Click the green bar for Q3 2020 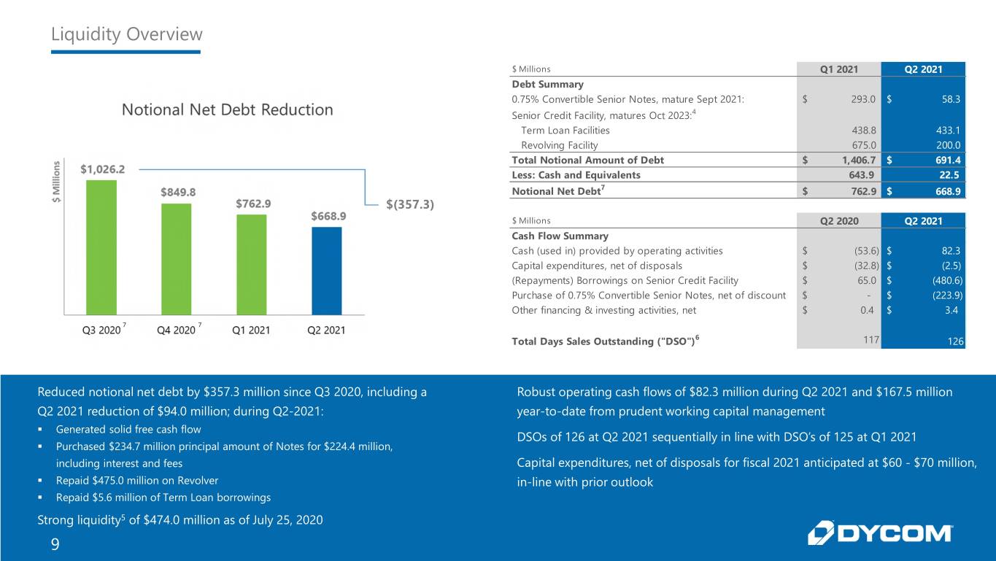click(x=101, y=247)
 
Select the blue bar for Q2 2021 click(x=327, y=271)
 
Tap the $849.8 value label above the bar click(x=178, y=192)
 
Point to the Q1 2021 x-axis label click(x=251, y=330)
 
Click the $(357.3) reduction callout click(x=410, y=204)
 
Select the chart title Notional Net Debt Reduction click(x=227, y=110)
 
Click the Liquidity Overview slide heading click(x=127, y=34)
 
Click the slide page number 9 click(x=55, y=544)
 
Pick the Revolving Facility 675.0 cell click(x=864, y=145)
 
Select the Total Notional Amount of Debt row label click(x=587, y=160)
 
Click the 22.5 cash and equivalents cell click(x=949, y=175)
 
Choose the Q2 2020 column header click(x=839, y=221)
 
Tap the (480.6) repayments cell click(x=948, y=280)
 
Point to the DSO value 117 click(x=871, y=340)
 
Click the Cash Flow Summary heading click(x=560, y=236)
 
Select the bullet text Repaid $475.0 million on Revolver click(x=137, y=481)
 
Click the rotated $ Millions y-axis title click(x=56, y=182)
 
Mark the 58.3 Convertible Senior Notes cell click(x=951, y=99)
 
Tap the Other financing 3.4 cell click(x=951, y=310)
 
